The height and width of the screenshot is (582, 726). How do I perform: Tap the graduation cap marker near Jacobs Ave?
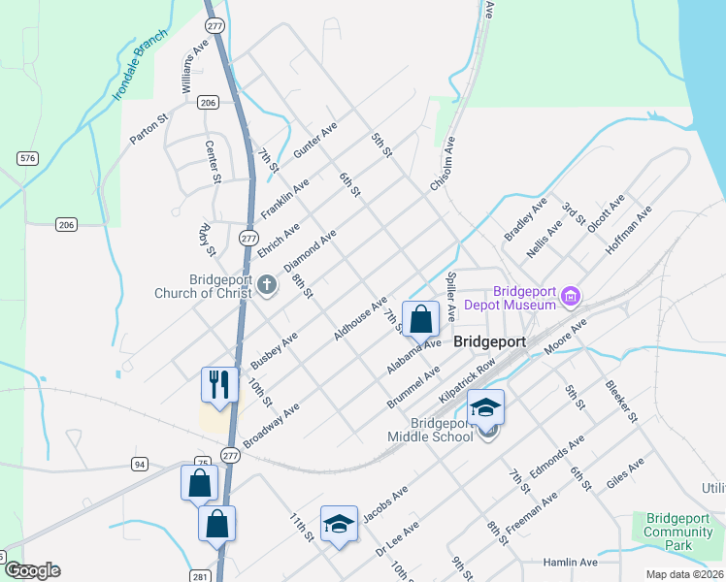pyautogui.click(x=339, y=524)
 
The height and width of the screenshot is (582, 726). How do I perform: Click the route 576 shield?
pyautogui.click(x=26, y=157)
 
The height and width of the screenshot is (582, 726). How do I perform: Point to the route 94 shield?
pyautogui.click(x=140, y=465)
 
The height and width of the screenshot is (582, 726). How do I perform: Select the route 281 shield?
pyautogui.click(x=199, y=576)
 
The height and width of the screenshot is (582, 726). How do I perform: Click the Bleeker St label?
pyautogui.click(x=620, y=402)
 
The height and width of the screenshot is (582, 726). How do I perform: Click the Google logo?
pyautogui.click(x=32, y=570)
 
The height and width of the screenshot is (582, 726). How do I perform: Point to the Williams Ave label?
pyautogui.click(x=195, y=66)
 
